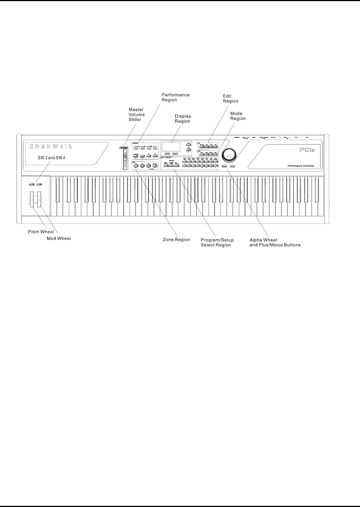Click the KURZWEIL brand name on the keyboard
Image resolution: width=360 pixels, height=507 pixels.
click(51, 147)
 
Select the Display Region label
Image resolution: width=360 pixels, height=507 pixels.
click(183, 119)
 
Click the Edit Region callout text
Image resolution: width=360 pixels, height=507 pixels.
click(230, 98)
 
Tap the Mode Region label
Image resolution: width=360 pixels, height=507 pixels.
click(238, 116)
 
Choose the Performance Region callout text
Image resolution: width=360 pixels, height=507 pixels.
click(175, 97)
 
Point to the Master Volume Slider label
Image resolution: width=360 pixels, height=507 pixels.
click(136, 115)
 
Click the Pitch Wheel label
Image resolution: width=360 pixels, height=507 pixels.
click(41, 232)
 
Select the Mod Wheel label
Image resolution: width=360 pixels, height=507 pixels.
click(59, 238)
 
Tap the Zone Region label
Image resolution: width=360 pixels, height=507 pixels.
click(176, 240)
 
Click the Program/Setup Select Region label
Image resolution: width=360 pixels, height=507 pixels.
click(217, 242)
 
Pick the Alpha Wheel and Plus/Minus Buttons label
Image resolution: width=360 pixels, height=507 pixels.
click(275, 242)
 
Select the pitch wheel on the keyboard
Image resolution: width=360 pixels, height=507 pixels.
click(32, 199)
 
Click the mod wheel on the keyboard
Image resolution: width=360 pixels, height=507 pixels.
click(38, 199)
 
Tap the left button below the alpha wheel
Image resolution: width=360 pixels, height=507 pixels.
click(224, 166)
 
